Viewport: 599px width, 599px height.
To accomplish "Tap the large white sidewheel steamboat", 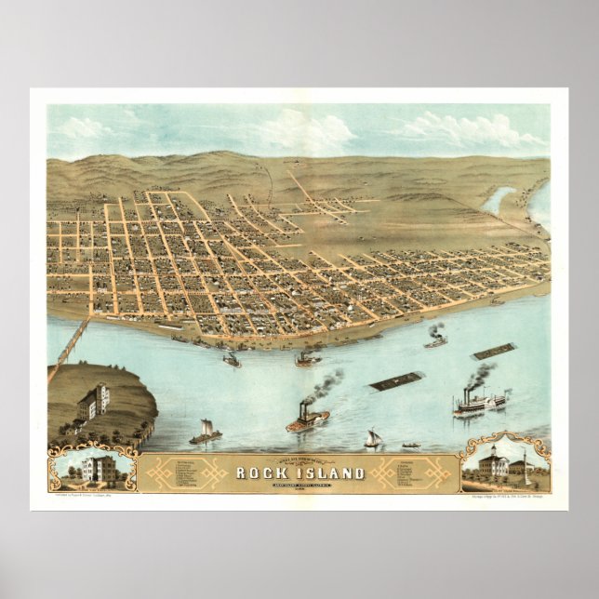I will [x=480, y=402].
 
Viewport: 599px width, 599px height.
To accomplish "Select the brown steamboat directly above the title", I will [x=307, y=420].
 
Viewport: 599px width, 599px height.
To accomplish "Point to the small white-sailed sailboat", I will [x=373, y=438].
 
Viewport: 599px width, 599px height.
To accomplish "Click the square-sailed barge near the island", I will [x=206, y=432].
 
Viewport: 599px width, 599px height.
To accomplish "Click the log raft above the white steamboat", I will [x=494, y=352].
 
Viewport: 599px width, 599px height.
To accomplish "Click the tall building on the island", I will [x=94, y=401].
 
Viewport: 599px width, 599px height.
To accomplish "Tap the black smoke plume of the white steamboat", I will [x=481, y=374].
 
